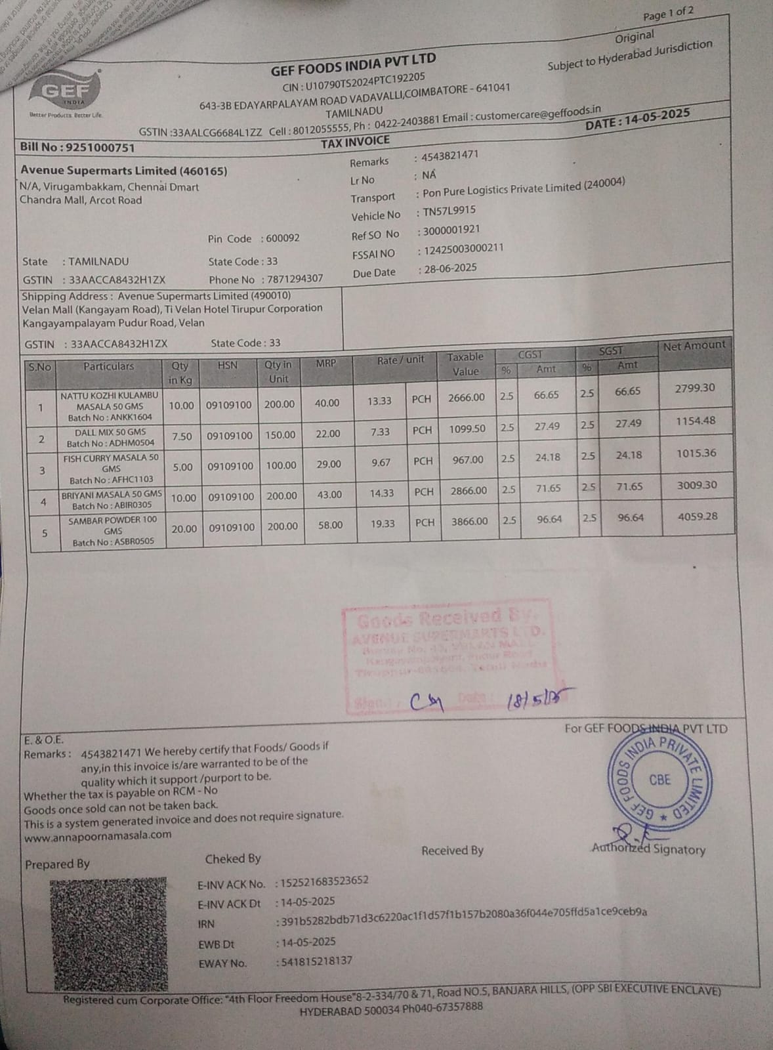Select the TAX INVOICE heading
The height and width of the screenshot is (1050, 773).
355,142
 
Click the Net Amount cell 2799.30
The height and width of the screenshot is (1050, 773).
695,388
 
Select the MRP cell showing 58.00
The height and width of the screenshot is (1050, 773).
330,525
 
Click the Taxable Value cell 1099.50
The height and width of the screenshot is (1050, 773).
467,429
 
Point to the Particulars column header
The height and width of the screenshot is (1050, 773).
108,367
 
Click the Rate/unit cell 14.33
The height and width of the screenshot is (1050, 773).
381,493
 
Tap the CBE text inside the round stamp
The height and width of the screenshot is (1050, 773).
659,780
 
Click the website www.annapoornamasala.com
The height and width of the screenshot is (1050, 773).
98,836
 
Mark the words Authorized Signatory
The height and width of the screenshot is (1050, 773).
648,849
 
